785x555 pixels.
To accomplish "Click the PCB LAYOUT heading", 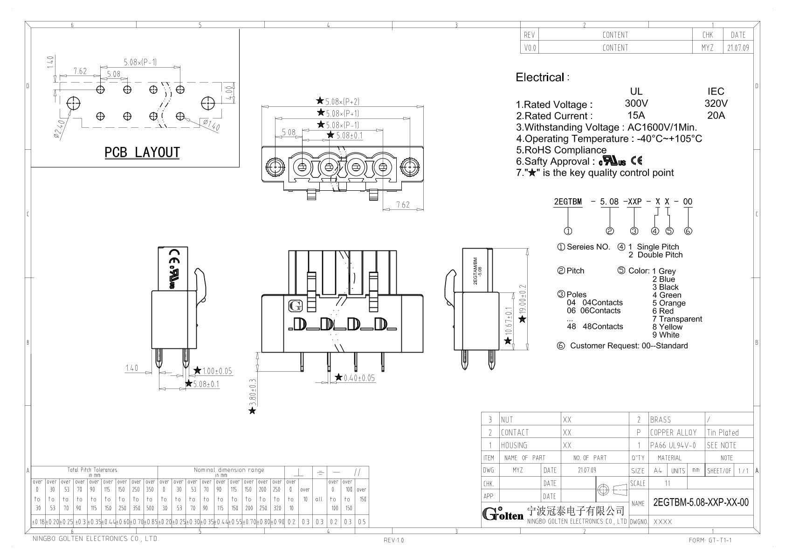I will pyautogui.click(x=142, y=153).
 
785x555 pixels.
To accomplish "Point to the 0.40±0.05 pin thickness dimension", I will pyautogui.click(x=358, y=378).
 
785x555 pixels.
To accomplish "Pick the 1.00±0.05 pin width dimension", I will pyautogui.click(x=217, y=371).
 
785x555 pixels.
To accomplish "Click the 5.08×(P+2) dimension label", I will pyautogui.click(x=342, y=101).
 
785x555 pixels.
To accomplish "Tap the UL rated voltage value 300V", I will pyautogui.click(x=636, y=104).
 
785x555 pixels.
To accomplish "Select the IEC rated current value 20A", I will pyautogui.click(x=716, y=116).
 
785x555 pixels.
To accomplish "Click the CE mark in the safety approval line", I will pyautogui.click(x=636, y=161).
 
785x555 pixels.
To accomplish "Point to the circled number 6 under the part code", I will pyautogui.click(x=688, y=231).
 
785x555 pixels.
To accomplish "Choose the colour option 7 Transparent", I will pyautogui.click(x=677, y=319).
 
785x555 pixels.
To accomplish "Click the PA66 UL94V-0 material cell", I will pyautogui.click(x=673, y=445).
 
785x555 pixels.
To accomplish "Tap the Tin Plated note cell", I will pyautogui.click(x=723, y=432).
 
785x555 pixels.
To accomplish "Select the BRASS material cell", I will pyautogui.click(x=661, y=420).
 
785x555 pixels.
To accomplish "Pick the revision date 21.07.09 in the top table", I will pyautogui.click(x=738, y=48).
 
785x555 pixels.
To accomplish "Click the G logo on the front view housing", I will pyautogui.click(x=295, y=306).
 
